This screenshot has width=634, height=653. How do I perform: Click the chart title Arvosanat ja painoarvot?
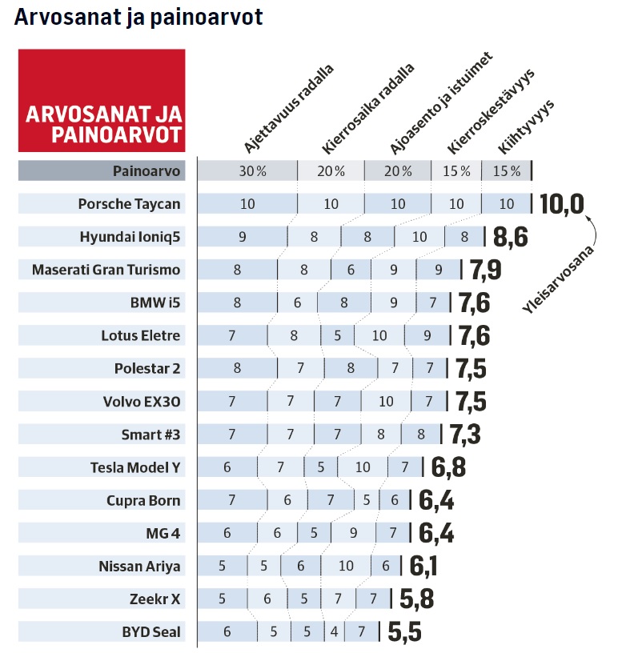[138, 18]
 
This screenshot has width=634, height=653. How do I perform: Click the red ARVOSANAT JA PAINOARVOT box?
[102, 100]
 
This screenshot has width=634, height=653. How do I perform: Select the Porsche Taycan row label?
[129, 204]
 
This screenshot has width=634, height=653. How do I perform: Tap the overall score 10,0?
[564, 204]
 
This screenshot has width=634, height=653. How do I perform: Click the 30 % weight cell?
[247, 171]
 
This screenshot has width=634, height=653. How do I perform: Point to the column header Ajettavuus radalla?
[288, 109]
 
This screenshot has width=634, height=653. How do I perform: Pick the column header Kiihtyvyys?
[526, 126]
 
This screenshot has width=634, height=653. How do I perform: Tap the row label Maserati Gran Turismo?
[106, 270]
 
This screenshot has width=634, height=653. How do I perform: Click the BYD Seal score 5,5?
[405, 632]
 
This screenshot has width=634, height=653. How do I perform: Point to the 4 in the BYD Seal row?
[334, 632]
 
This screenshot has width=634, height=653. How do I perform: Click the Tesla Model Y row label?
[135, 467]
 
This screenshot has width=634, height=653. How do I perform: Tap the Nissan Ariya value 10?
[346, 567]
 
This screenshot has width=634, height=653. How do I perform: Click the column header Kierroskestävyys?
[492, 111]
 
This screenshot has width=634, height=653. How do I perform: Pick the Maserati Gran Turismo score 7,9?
[485, 270]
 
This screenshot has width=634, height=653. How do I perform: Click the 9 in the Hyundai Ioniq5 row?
[242, 237]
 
